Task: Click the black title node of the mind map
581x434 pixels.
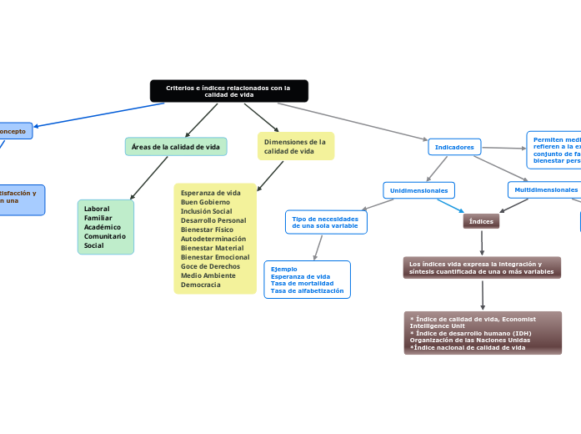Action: point(228,91)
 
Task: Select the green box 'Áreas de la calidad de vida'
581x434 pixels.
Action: point(176,147)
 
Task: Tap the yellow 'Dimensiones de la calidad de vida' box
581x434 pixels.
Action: point(295,147)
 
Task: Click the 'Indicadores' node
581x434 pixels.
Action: point(454,147)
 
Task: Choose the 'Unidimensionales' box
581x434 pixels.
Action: point(419,190)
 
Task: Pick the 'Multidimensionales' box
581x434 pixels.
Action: point(544,189)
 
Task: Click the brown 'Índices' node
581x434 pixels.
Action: point(481,221)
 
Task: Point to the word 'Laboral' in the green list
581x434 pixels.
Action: point(97,209)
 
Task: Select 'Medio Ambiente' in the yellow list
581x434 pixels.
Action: point(208,275)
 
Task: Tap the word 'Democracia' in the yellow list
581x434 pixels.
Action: point(200,285)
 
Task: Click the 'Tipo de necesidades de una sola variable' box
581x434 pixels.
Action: point(325,222)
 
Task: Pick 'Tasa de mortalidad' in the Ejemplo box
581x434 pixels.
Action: point(302,284)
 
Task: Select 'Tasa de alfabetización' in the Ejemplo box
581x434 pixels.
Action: point(307,290)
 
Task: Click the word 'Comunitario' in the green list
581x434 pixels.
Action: point(104,236)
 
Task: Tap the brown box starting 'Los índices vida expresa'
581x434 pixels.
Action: point(482,267)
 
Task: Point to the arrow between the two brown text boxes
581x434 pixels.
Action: point(482,295)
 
